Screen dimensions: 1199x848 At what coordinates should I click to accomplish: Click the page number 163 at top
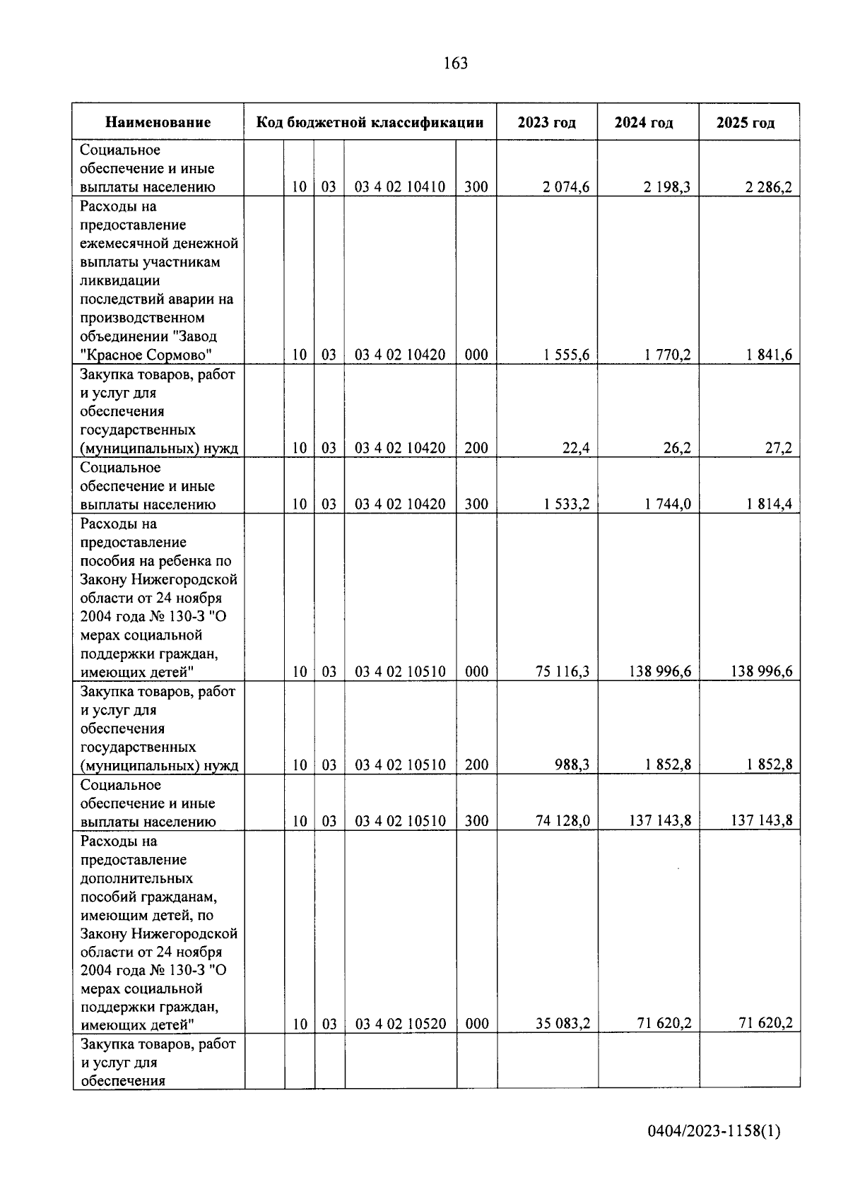point(455,64)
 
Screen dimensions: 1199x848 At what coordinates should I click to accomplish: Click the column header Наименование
point(158,122)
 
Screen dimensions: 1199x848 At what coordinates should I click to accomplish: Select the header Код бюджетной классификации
point(370,122)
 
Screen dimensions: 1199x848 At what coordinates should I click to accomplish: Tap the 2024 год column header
point(643,122)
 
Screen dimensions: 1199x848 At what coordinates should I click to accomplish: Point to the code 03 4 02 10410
point(400,187)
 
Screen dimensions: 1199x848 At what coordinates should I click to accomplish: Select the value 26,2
point(677,448)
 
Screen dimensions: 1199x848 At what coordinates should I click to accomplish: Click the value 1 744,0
point(667,504)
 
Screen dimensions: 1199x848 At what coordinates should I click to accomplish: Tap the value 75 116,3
point(563,672)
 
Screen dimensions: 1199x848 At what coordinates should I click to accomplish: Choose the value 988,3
point(572,764)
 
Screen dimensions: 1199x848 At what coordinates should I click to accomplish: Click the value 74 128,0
point(563,821)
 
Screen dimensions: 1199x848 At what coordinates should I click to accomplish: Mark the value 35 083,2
point(563,1023)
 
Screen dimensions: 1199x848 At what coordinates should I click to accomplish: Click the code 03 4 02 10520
point(400,1023)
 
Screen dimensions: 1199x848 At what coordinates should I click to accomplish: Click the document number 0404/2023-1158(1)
point(714,1132)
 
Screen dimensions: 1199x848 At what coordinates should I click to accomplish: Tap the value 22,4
point(576,448)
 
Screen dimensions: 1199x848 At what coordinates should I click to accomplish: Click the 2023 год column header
point(546,122)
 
